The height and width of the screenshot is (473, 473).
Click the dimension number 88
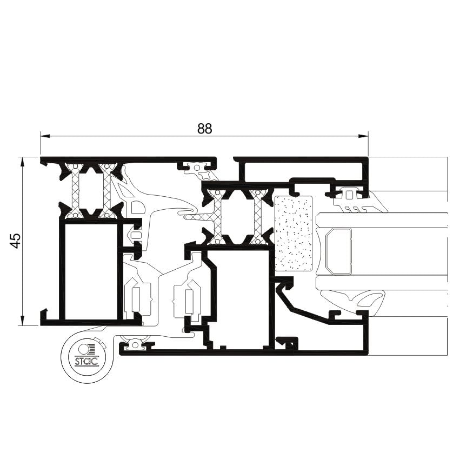click(205, 129)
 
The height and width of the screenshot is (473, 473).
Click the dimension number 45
click(16, 241)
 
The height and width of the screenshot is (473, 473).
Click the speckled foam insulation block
click(294, 233)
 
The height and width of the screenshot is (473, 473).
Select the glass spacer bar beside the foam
click(339, 251)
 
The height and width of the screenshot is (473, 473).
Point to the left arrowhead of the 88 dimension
click(45, 136)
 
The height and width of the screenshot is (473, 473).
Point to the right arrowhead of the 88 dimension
click(363, 136)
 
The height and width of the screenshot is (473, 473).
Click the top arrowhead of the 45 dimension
click(22, 162)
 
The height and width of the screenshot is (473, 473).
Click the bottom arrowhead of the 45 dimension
click(22, 321)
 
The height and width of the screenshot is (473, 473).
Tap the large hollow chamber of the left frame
click(91, 271)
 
